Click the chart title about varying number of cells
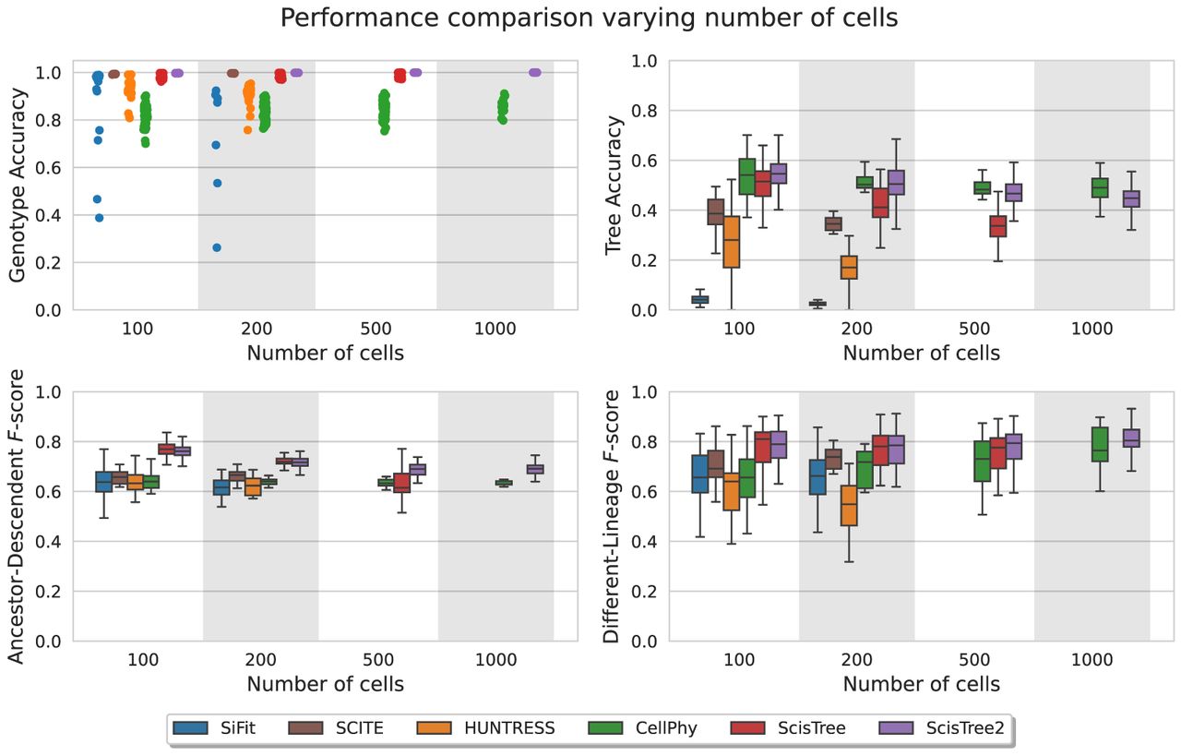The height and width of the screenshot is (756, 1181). click(x=590, y=18)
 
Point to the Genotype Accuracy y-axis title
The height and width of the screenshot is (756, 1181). click(x=18, y=185)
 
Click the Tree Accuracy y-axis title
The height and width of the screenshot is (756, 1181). click(x=614, y=185)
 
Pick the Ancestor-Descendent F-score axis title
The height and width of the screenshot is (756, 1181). click(x=18, y=517)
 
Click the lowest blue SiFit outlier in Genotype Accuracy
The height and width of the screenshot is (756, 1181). click(x=217, y=247)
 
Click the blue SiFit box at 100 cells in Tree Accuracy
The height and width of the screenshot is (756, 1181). click(x=700, y=299)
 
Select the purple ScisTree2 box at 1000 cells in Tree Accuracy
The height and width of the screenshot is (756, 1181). click(x=1130, y=198)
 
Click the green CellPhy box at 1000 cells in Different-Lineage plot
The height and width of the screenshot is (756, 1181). click(x=1100, y=444)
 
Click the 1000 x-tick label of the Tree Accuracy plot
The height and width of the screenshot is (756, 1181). click(x=1092, y=329)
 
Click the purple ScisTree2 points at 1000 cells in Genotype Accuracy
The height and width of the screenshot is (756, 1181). click(x=535, y=72)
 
